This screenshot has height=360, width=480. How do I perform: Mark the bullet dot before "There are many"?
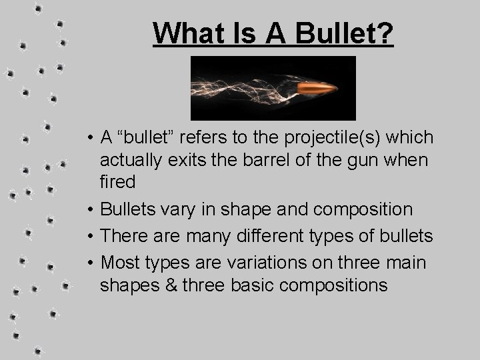point(89,236)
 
